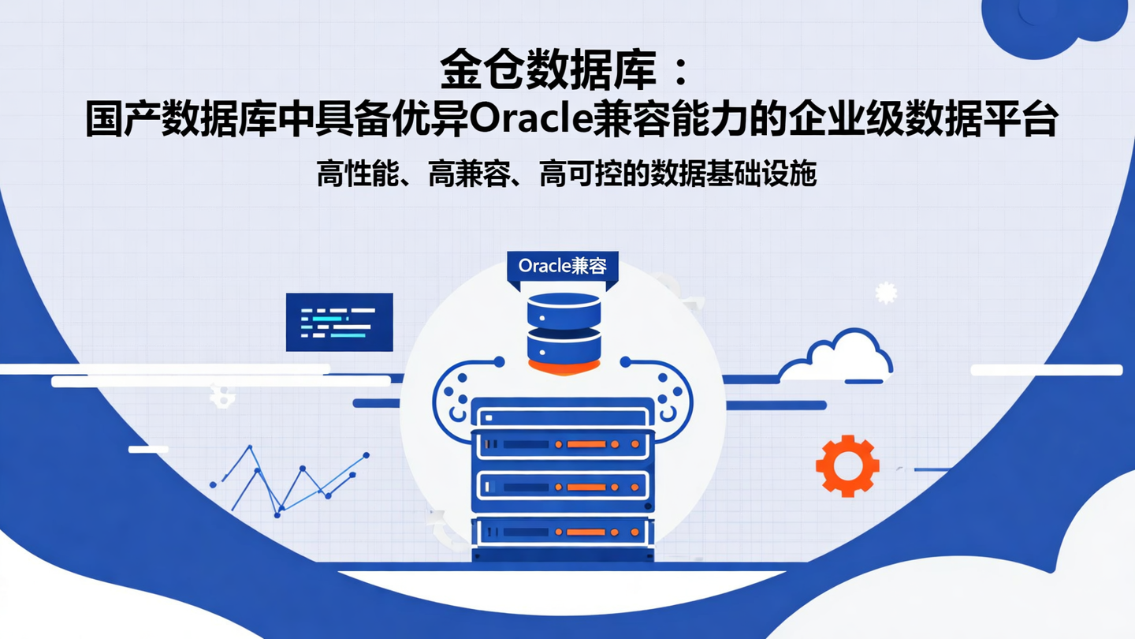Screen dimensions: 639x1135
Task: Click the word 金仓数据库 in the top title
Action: [548, 70]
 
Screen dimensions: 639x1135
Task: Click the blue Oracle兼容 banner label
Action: [562, 266]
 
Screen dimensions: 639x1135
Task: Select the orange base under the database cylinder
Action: [563, 366]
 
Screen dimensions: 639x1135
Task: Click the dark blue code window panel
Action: [339, 322]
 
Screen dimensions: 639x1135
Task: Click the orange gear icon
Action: [847, 465]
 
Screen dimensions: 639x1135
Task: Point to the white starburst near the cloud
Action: [886, 293]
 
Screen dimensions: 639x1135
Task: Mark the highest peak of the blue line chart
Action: [251, 447]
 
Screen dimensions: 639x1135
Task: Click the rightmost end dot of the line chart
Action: [366, 454]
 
